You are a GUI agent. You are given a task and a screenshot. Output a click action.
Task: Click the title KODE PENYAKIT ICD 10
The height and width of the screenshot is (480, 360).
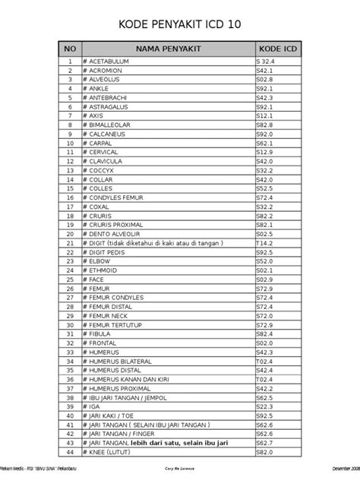tap(181, 25)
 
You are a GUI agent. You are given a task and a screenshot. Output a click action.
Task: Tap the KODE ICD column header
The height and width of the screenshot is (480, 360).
tap(276, 47)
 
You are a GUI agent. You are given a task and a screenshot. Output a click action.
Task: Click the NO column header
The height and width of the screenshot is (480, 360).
tap(70, 47)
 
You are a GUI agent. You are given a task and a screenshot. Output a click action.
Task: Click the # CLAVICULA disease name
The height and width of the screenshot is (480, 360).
tap(107, 161)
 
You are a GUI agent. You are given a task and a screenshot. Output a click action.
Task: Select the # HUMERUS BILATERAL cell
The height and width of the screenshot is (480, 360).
tap(122, 360)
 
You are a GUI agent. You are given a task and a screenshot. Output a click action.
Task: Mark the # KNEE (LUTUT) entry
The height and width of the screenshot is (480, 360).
tap(110, 451)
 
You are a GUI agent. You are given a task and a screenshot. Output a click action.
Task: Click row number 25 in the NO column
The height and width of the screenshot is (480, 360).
tap(70, 279)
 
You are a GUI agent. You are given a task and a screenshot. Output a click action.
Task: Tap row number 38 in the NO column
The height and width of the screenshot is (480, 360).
tap(70, 396)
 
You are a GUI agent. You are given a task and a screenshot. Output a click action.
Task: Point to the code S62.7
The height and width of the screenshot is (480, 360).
tap(265, 442)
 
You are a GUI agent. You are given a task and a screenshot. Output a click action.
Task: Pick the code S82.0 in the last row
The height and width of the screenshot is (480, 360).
tap(265, 451)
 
